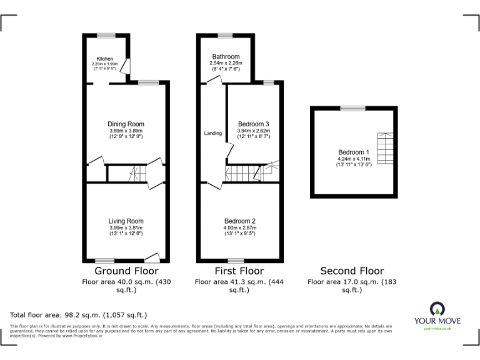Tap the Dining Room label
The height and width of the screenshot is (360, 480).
[126, 124]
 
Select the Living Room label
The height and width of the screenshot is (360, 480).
[126, 221]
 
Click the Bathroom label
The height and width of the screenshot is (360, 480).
[225, 56]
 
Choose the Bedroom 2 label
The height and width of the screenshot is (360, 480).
[240, 221]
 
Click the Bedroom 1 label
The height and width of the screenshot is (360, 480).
[354, 152]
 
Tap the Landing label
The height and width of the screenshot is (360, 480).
[212, 133]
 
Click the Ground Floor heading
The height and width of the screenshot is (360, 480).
[126, 271]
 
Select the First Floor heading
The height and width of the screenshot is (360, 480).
[239, 271]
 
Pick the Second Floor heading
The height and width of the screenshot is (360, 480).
[352, 271]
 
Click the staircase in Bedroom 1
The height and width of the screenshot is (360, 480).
[382, 146]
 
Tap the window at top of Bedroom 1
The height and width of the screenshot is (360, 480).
[354, 108]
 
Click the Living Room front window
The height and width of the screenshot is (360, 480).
[105, 260]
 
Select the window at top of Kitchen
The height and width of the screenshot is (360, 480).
[106, 35]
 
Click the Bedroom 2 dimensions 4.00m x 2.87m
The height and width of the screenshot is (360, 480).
[240, 228]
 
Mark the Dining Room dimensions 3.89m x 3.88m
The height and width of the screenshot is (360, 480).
[126, 131]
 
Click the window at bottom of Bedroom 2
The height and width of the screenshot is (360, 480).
[236, 260]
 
